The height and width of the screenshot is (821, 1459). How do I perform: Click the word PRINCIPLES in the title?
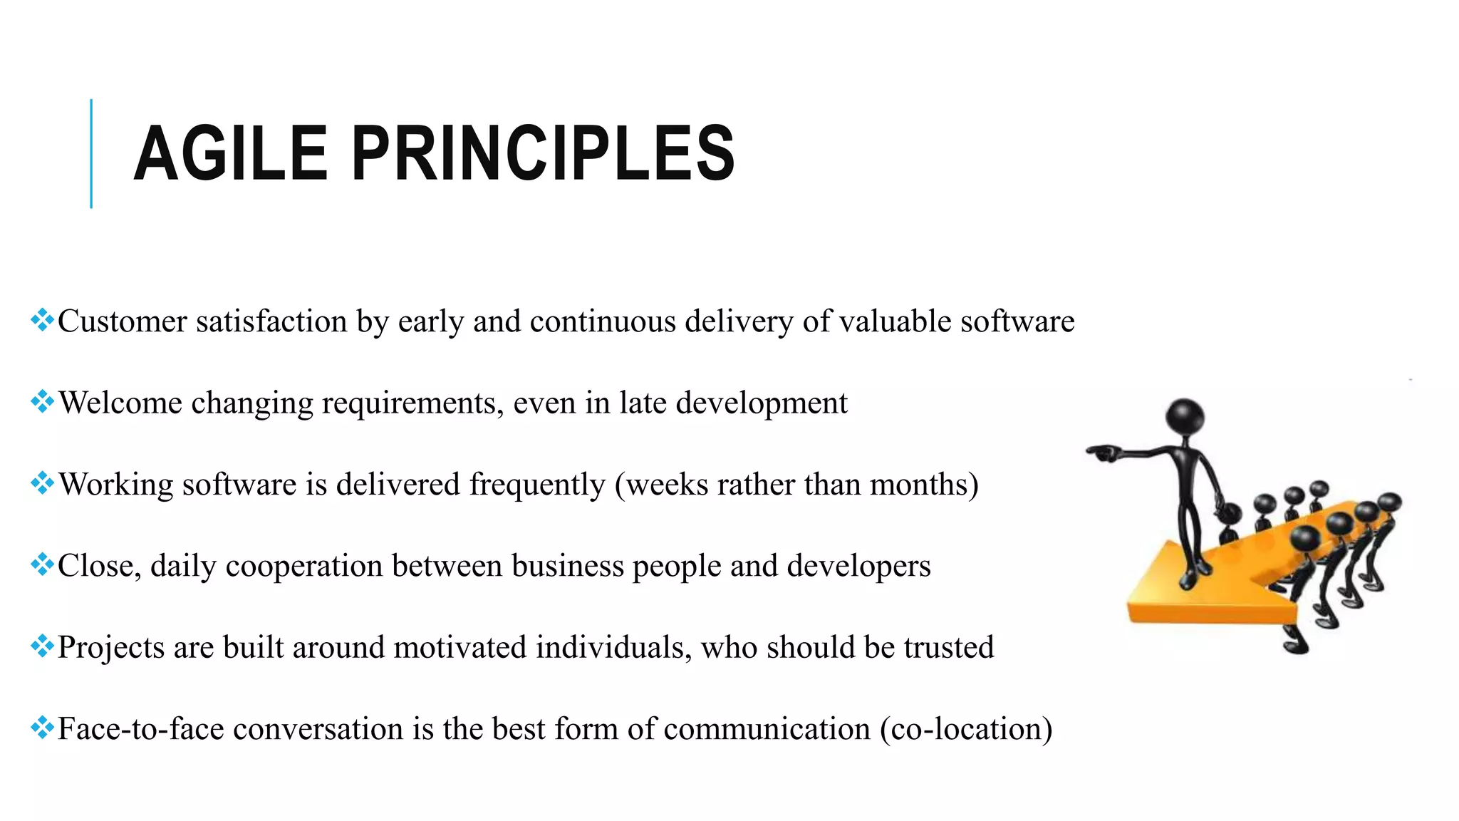543,153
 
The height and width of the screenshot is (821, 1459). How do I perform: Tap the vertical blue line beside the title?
91,153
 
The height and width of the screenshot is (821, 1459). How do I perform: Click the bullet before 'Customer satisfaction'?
42,320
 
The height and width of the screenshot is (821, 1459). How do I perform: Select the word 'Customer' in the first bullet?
122,321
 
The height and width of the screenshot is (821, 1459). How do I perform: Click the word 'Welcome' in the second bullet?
120,403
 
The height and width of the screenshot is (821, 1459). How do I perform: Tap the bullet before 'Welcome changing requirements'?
42,402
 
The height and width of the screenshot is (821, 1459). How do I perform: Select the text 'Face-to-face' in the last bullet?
140,729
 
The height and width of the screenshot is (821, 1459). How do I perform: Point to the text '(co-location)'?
966,729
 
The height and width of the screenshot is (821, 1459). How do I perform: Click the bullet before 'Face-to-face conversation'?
42,728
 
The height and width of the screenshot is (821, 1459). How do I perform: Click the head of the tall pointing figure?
1185,415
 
